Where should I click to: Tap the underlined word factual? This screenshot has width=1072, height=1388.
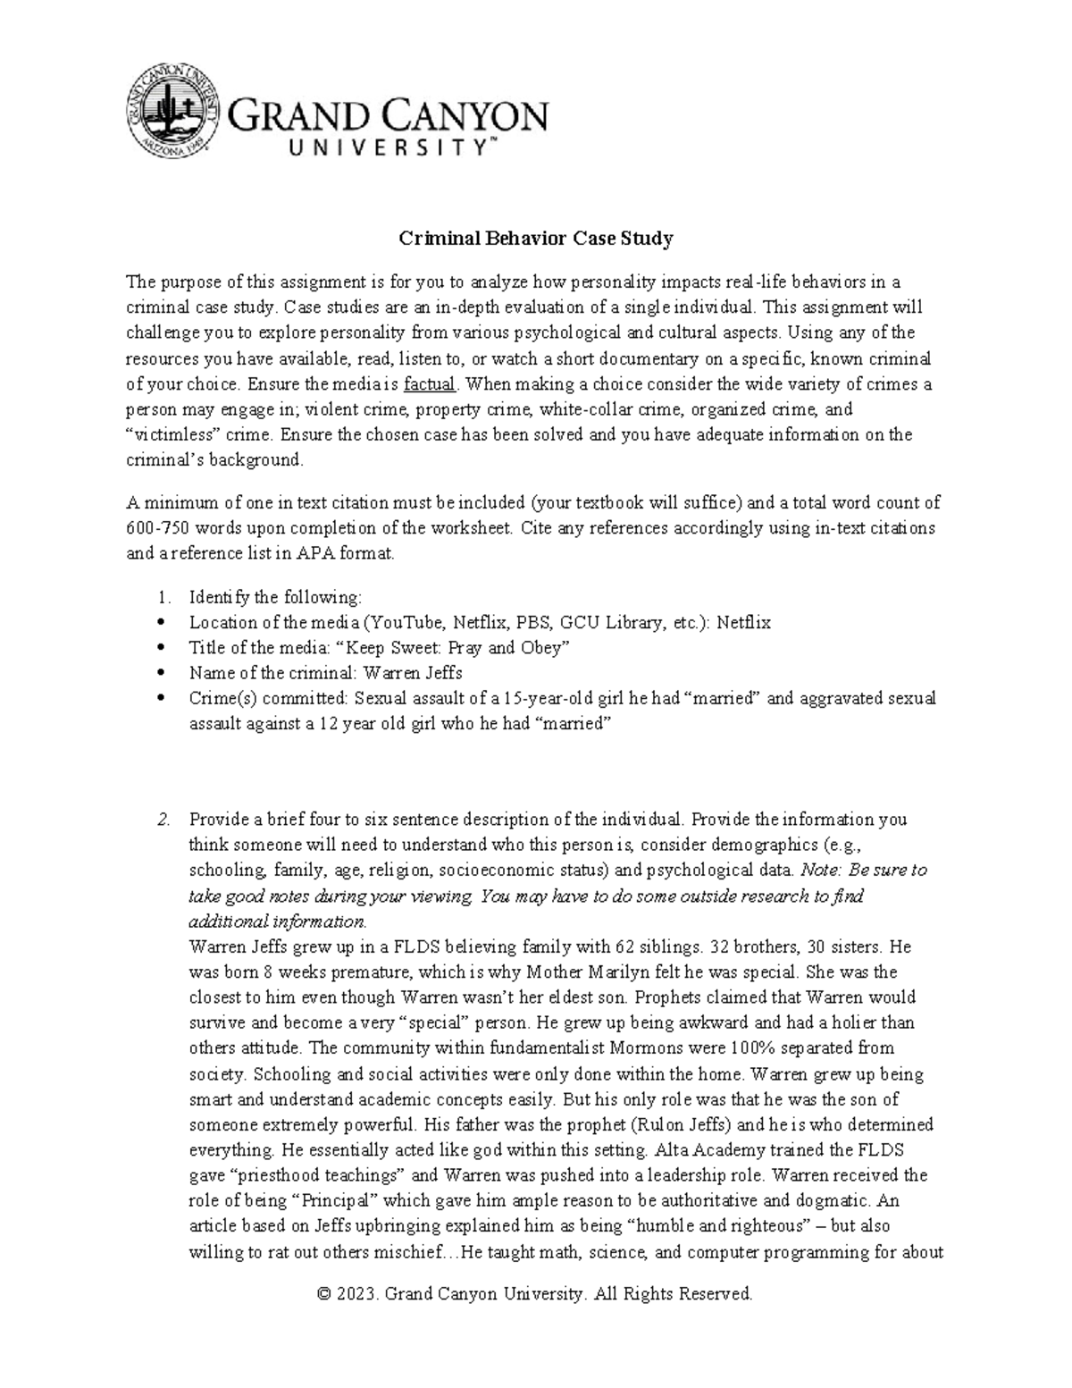tap(431, 384)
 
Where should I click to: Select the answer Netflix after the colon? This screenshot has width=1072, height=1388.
tap(744, 622)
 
